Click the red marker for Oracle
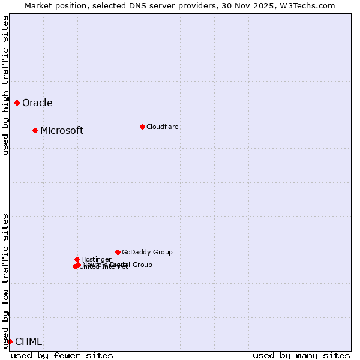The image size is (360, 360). pyautogui.click(x=17, y=103)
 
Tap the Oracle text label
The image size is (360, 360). pyautogui.click(x=37, y=103)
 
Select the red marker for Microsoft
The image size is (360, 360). pyautogui.click(x=35, y=130)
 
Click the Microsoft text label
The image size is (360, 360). pyautogui.click(x=62, y=130)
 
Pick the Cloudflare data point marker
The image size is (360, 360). pyautogui.click(x=142, y=127)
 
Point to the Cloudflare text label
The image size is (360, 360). pyautogui.click(x=163, y=127)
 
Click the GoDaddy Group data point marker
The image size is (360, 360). pyautogui.click(x=118, y=252)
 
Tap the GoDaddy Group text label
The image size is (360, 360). pyautogui.click(x=147, y=252)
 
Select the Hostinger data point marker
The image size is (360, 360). pyautogui.click(x=77, y=259)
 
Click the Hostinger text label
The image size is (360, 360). pyautogui.click(x=96, y=259)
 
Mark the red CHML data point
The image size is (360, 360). pyautogui.click(x=10, y=341)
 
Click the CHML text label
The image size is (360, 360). pyautogui.click(x=28, y=341)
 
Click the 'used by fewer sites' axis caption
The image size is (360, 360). pyautogui.click(x=62, y=355)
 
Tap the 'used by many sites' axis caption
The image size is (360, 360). pyautogui.click(x=301, y=355)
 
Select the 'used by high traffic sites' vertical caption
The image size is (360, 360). pyautogui.click(x=5, y=85)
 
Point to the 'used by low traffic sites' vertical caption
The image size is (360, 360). pyautogui.click(x=5, y=281)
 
